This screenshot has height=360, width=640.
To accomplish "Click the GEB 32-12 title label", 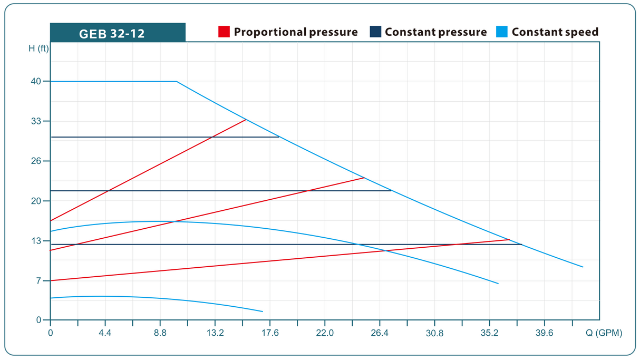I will coord(112,34).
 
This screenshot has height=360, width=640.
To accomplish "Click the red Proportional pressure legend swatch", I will coord(224,32).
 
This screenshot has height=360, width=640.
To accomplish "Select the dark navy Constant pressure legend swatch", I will coord(375,32).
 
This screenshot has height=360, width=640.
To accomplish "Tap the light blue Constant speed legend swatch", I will coord(502,32).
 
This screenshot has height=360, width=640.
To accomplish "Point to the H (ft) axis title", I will coord(38,48).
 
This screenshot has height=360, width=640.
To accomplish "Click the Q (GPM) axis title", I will coord(605,333).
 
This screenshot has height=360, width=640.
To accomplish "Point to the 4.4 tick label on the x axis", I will coord(105,333).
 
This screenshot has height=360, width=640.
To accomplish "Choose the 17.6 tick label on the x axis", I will coord(270,333).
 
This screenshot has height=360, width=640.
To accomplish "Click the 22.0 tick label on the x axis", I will coord(325,333).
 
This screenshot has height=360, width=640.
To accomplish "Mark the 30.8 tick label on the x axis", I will coord(434,333).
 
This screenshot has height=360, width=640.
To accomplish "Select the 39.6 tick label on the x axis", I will coord(544,333).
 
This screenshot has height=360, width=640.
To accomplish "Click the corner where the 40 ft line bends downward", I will coord(177,82).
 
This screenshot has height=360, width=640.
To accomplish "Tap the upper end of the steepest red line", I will coord(246,120).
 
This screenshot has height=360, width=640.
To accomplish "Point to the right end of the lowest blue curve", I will coord(263,312).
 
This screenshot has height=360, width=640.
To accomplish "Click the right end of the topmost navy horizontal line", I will coord(279,137).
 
